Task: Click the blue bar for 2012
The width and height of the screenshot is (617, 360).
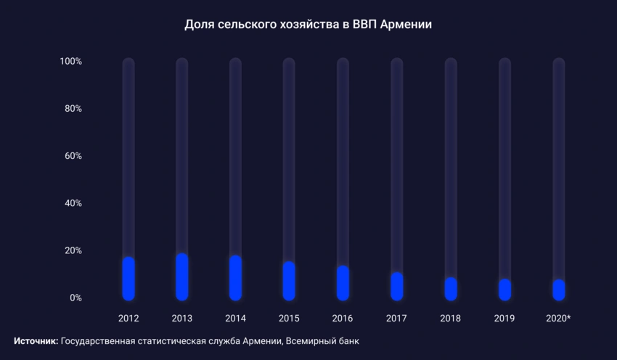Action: click(128, 279)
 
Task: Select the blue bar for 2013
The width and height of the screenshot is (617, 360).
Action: click(182, 277)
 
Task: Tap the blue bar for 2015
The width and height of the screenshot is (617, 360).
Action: click(289, 281)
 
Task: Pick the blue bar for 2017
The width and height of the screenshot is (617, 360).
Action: click(396, 286)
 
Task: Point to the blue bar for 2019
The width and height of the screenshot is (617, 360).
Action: click(504, 290)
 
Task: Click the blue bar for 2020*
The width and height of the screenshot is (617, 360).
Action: click(558, 290)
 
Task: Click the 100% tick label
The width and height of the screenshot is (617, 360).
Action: click(70, 62)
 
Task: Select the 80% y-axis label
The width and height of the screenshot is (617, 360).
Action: click(73, 109)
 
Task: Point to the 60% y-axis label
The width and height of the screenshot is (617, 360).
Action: click(73, 156)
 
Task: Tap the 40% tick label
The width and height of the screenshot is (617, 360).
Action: click(73, 203)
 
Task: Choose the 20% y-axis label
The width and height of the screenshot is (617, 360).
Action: click(73, 251)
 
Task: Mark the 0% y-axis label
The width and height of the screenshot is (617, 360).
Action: click(75, 298)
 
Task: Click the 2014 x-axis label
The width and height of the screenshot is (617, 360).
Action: click(235, 319)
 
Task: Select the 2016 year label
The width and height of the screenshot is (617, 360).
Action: click(343, 319)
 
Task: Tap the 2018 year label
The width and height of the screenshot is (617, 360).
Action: click(450, 319)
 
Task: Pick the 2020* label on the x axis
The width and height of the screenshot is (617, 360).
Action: click(559, 319)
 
